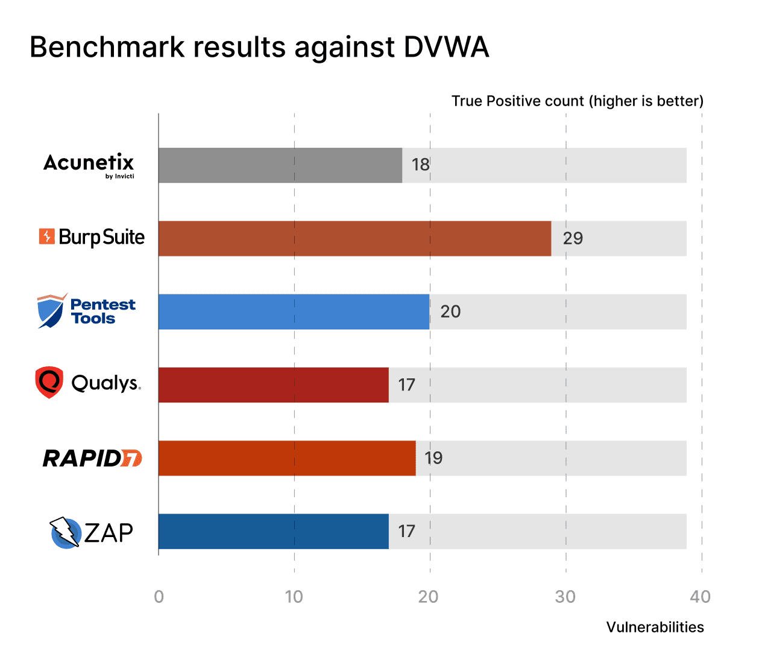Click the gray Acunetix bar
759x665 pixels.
pyautogui.click(x=280, y=165)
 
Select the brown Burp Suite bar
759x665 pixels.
pyautogui.click(x=354, y=238)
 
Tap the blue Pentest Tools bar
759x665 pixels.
pyautogui.click(x=294, y=312)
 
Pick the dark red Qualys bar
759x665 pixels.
pyautogui.click(x=273, y=385)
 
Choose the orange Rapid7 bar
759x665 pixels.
pyautogui.click(x=287, y=458)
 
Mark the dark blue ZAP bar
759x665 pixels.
pyautogui.click(x=273, y=532)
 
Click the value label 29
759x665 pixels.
pyautogui.click(x=573, y=238)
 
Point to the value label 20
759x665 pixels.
pyautogui.click(x=450, y=312)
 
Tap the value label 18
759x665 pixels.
pyautogui.click(x=420, y=165)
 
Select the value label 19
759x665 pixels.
pyautogui.click(x=433, y=458)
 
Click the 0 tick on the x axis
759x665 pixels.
pyautogui.click(x=159, y=597)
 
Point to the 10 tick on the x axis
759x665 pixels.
pyautogui.click(x=294, y=597)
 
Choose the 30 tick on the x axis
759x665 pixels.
pyautogui.click(x=565, y=597)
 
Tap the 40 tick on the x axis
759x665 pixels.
pyautogui.click(x=700, y=597)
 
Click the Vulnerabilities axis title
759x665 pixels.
pyautogui.click(x=655, y=627)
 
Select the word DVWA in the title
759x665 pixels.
pyautogui.click(x=446, y=47)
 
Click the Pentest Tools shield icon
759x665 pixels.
pyautogui.click(x=51, y=311)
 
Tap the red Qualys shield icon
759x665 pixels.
pyautogui.click(x=49, y=382)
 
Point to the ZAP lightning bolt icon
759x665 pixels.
pyautogui.click(x=65, y=532)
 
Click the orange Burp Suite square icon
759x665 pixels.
pyautogui.click(x=47, y=237)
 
